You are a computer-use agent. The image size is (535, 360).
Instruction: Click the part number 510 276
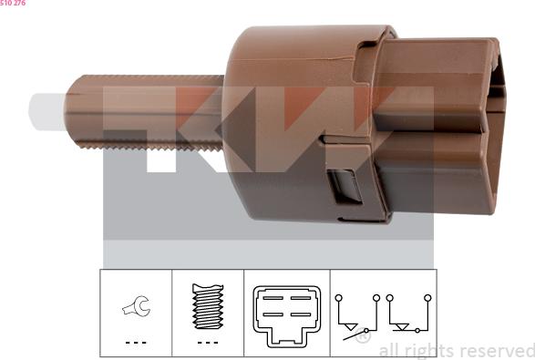tap(13, 4)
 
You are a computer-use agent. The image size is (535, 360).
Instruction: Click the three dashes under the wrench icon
tap(136, 344)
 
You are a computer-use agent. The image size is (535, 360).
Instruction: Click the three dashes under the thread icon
tap(208, 344)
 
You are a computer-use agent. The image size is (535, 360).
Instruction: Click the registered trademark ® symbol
tap(362, 338)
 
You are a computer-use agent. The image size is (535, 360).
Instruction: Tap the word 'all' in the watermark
tap(387, 351)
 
